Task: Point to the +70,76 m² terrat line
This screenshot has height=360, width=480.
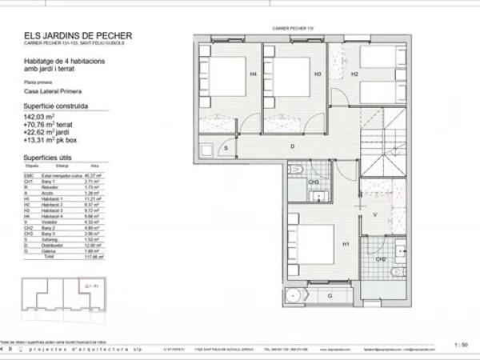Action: click(50, 124)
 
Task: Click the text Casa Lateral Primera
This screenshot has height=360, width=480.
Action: click(54, 91)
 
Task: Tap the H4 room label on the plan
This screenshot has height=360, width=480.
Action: click(253, 74)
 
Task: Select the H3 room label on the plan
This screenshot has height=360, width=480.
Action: click(318, 74)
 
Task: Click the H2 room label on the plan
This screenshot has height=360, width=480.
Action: click(352, 74)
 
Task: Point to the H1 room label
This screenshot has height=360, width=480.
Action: click(346, 244)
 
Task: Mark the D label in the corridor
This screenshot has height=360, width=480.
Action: click(292, 146)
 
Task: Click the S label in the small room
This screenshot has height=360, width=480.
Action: click(226, 149)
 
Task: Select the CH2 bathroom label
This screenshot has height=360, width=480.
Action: click(381, 259)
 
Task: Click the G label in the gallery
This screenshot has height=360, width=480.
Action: click(329, 296)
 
